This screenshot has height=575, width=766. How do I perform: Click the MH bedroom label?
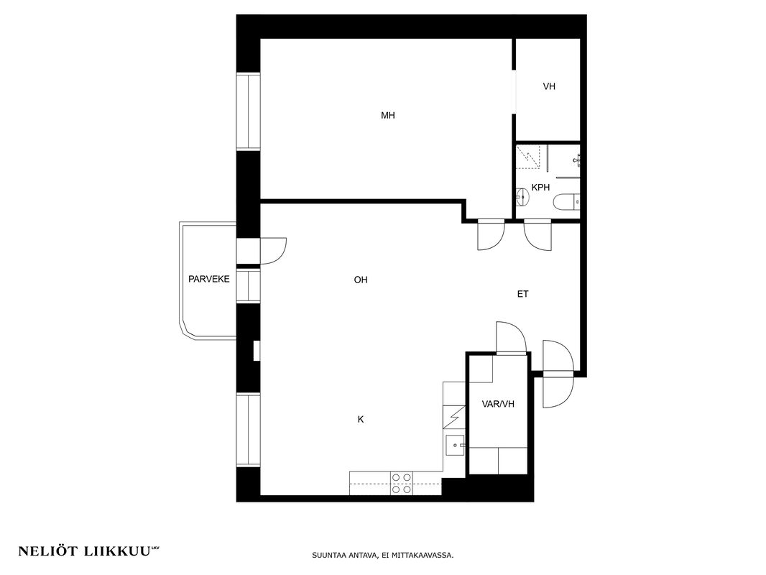coord(388,115)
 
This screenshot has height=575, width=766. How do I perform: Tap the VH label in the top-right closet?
coord(549,86)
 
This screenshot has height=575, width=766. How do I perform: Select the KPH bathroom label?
coord(541,187)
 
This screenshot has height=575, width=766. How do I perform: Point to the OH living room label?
coord(361,280)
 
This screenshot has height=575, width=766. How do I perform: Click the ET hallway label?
coord(522,294)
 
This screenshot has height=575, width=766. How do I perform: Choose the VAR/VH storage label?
coord(498,405)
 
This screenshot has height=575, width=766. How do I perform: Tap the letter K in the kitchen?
coord(361,420)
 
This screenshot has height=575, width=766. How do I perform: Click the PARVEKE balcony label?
coord(209,280)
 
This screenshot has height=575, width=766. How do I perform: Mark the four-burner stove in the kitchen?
coord(402,483)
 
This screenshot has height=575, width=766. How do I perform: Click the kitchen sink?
coord(455,445)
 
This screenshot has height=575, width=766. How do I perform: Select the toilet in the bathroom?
coord(567,201)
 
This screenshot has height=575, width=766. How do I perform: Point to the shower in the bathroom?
coord(528,157)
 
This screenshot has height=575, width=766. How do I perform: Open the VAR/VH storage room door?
coord(511,336)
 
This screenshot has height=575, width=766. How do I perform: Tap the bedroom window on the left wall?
coord(248,111)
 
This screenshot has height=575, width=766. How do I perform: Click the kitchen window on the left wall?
coord(248,431)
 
